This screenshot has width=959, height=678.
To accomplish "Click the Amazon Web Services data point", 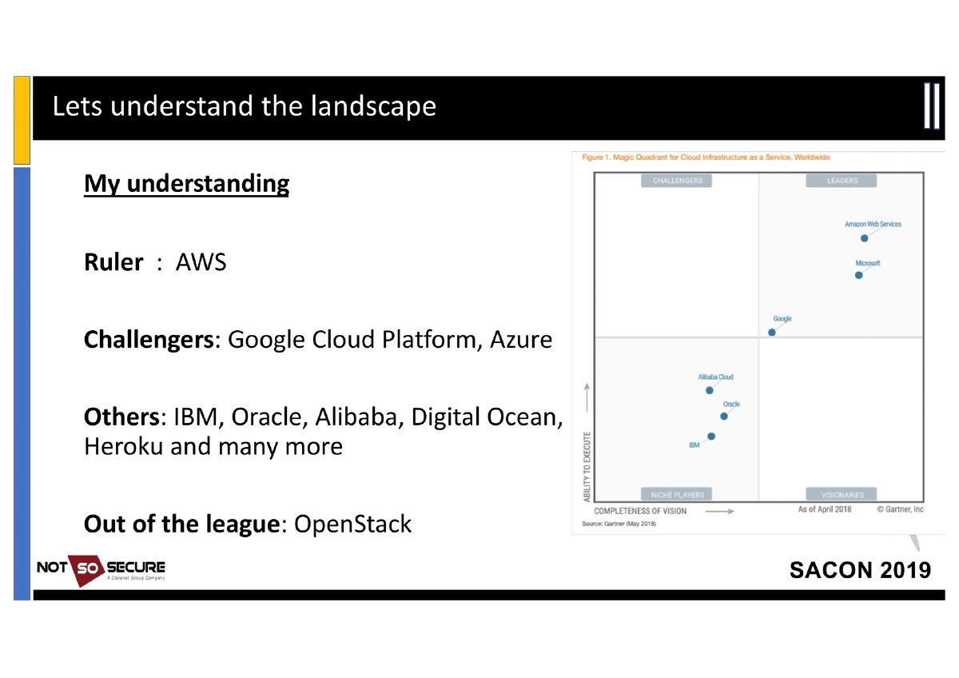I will pyautogui.click(x=865, y=238).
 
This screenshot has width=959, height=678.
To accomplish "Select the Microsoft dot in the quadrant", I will pyautogui.click(x=859, y=275).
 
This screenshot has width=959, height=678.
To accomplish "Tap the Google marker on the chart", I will pyautogui.click(x=772, y=332).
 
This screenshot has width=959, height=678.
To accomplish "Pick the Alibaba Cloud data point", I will pyautogui.click(x=710, y=390).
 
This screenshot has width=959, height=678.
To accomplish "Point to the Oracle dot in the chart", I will pyautogui.click(x=724, y=416).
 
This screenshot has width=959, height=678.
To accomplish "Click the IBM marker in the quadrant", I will pyautogui.click(x=711, y=437).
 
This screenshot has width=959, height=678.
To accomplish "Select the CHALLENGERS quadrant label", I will pyautogui.click(x=677, y=181).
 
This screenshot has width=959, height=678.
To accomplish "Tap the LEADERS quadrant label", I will pyautogui.click(x=842, y=181).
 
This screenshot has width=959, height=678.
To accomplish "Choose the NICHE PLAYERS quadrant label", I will pyautogui.click(x=677, y=495).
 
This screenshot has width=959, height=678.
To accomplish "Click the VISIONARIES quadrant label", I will pyautogui.click(x=842, y=495).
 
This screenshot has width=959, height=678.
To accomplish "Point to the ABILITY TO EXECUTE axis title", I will pyautogui.click(x=587, y=468).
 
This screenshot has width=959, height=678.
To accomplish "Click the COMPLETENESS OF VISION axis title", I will pyautogui.click(x=640, y=511).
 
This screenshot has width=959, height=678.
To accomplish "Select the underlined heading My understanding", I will pyautogui.click(x=186, y=184).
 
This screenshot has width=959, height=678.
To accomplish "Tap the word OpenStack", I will pyautogui.click(x=352, y=524).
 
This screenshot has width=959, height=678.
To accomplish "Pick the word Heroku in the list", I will pyautogui.click(x=124, y=446).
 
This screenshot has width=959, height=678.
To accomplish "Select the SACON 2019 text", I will pyautogui.click(x=860, y=570).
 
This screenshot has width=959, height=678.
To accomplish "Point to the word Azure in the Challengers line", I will pyautogui.click(x=520, y=340).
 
